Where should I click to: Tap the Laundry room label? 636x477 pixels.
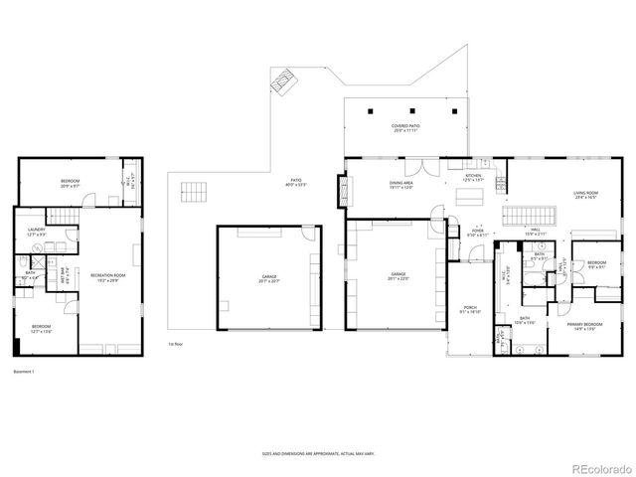37,234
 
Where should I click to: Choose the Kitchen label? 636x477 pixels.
472,178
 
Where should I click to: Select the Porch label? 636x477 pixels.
469,310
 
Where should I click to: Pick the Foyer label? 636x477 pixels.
478,233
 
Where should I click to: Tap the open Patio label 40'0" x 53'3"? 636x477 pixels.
296,184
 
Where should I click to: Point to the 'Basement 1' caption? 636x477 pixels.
24,372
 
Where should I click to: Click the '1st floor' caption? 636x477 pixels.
175,344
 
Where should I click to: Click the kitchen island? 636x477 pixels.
467,197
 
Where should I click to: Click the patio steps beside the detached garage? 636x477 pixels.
195,192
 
